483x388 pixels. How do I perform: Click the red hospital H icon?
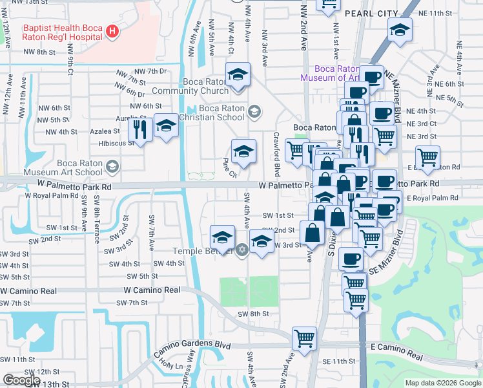point(112,31)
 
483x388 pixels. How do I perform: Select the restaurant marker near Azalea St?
point(140,129)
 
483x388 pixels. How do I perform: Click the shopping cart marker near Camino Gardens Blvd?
point(304,338)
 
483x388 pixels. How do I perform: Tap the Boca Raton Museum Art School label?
point(63,167)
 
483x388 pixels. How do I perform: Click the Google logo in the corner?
point(21,380)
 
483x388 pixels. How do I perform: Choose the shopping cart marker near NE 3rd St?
point(385,137)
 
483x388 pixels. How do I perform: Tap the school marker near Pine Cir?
point(243,153)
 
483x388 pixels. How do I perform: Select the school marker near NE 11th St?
point(400,30)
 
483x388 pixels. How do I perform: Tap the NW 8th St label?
point(37,52)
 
